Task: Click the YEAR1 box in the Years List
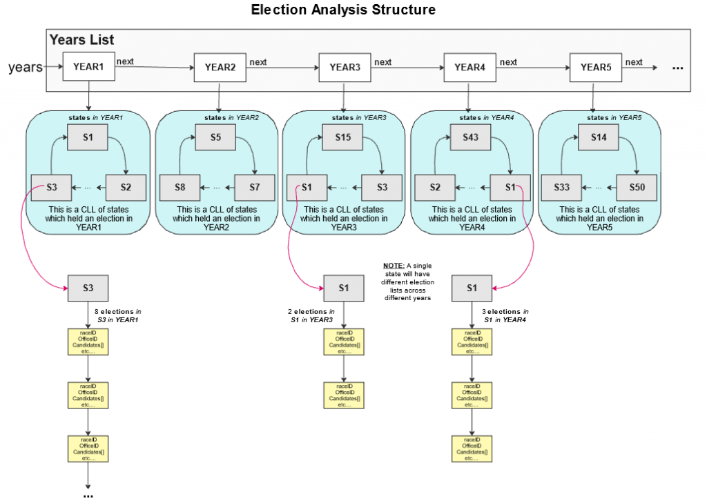(x=88, y=67)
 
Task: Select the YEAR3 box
(x=345, y=68)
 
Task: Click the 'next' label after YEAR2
(x=258, y=62)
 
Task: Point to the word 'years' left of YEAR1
(x=26, y=68)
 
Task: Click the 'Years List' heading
(x=81, y=40)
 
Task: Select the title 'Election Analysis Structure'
(x=343, y=10)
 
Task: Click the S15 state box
(x=344, y=137)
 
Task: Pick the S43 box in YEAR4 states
(x=471, y=137)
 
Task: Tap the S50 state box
(x=636, y=188)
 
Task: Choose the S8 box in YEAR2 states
(x=180, y=188)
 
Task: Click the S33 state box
(x=561, y=188)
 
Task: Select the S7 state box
(x=255, y=188)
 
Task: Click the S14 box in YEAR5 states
(x=599, y=137)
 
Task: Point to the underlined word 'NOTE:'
(x=394, y=266)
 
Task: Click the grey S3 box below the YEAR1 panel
(x=88, y=288)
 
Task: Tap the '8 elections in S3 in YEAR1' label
(x=118, y=315)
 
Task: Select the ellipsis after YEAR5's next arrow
(x=677, y=68)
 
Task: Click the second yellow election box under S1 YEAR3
(x=344, y=395)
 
